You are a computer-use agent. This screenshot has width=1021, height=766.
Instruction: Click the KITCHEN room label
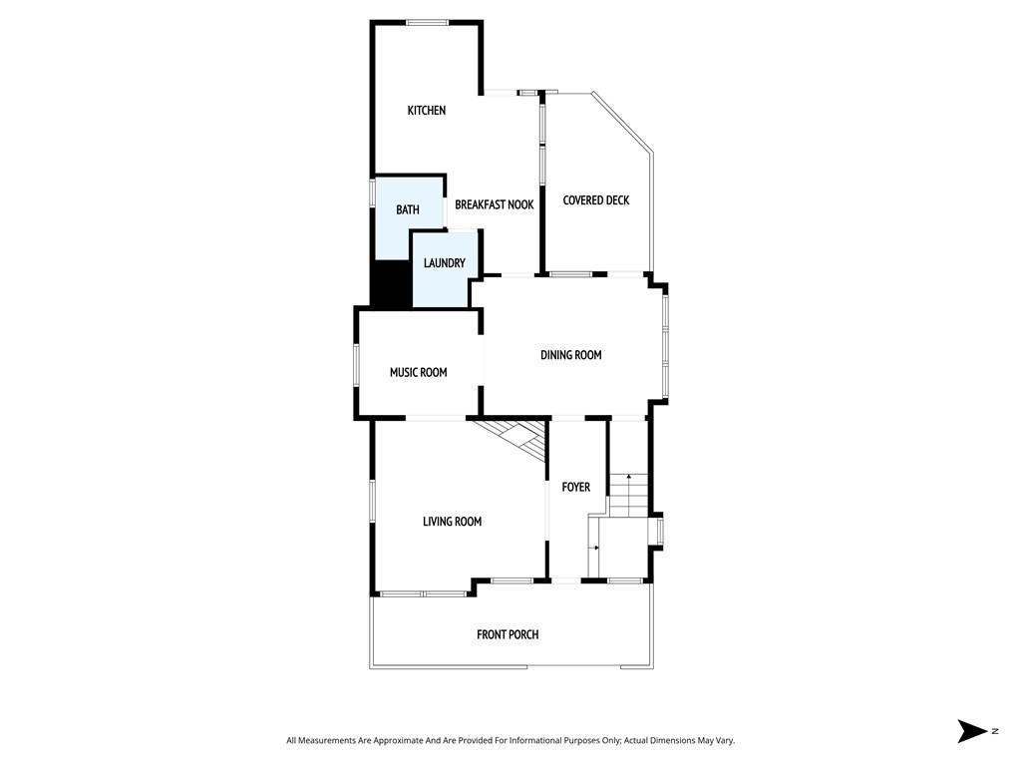click(x=426, y=111)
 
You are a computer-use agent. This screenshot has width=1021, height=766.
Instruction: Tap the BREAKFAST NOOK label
click(x=494, y=204)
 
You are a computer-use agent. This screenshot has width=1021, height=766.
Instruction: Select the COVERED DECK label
click(x=595, y=200)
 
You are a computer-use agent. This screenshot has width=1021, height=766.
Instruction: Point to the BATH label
click(x=407, y=209)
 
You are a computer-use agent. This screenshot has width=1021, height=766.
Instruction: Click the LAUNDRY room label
click(x=444, y=263)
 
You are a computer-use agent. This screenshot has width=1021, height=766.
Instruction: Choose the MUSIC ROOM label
click(x=418, y=373)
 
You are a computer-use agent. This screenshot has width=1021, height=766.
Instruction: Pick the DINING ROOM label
click(x=570, y=355)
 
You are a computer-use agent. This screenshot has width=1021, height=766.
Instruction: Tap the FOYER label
click(x=575, y=488)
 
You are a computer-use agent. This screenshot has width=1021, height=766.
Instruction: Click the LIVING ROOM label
click(x=452, y=522)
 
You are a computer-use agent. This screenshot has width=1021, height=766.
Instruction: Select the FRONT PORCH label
click(x=508, y=634)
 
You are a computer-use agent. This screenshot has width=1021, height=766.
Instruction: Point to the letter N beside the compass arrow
click(x=994, y=731)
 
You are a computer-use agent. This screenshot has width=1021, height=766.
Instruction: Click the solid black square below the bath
click(x=391, y=284)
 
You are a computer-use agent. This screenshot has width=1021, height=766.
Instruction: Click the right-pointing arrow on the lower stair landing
click(x=595, y=548)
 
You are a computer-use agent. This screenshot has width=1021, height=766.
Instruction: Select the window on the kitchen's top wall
click(x=427, y=22)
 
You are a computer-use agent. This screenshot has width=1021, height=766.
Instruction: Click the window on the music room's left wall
click(x=356, y=365)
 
